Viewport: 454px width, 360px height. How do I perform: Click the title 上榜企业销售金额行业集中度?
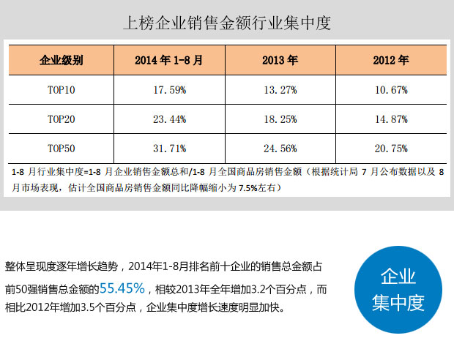(x=227, y=23)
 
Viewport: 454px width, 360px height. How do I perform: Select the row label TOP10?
(x=61, y=90)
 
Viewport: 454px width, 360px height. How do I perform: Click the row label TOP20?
(x=61, y=119)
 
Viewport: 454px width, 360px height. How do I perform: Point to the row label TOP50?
(x=61, y=148)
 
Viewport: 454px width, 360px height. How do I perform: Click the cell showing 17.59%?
(x=169, y=90)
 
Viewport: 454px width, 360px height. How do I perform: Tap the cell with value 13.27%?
(x=280, y=90)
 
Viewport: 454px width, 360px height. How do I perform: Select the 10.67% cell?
(x=390, y=90)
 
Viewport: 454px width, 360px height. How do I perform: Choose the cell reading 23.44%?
(x=169, y=119)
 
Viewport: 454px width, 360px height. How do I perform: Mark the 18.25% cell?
(x=280, y=119)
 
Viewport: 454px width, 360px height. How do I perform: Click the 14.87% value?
(x=390, y=119)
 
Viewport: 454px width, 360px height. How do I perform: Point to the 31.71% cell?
(x=169, y=148)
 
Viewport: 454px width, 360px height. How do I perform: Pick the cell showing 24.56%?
(x=280, y=148)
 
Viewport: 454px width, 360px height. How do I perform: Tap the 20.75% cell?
(x=390, y=148)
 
